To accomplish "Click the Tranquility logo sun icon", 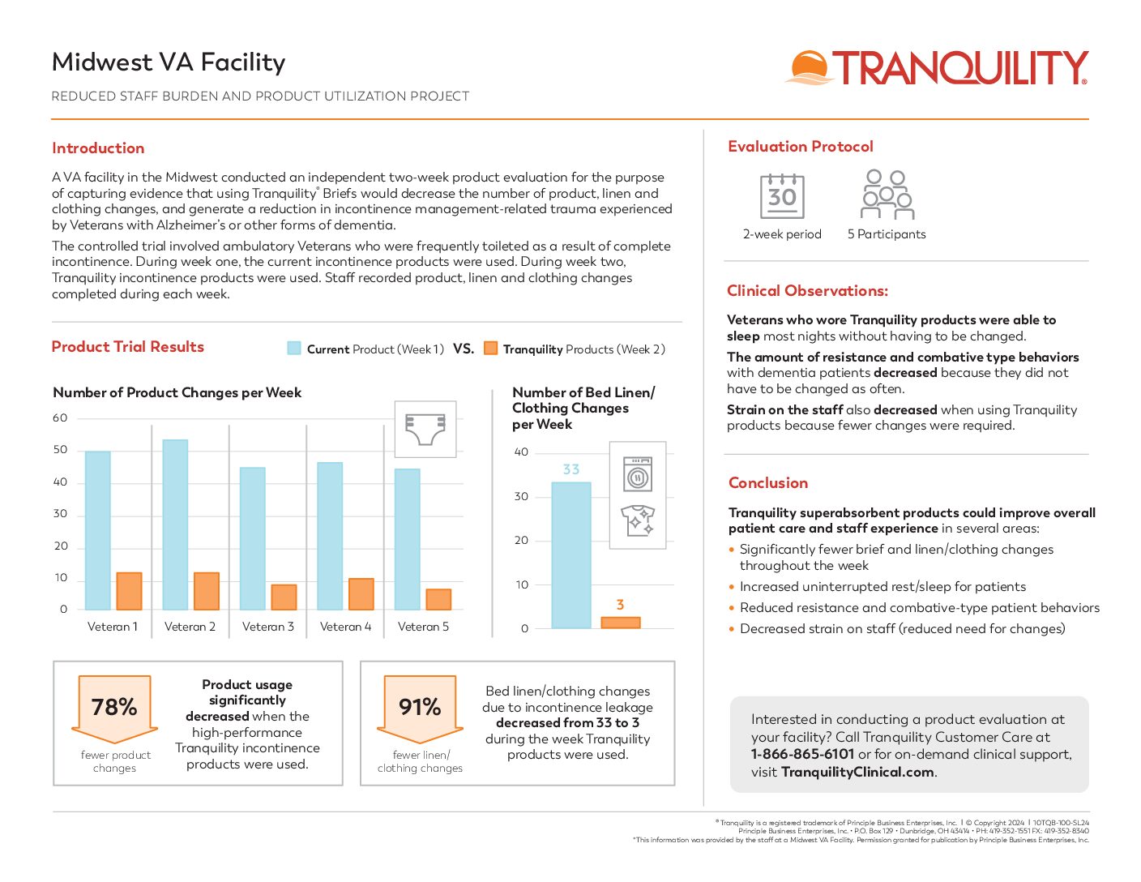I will (x=809, y=67).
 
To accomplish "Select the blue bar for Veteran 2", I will (x=175, y=524).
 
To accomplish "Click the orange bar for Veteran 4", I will (x=361, y=593).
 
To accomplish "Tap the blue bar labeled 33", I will (x=571, y=554).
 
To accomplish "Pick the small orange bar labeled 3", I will (x=621, y=623).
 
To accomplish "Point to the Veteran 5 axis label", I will (x=423, y=627).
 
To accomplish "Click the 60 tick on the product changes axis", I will (x=60, y=418).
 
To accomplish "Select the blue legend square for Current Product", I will (x=294, y=349).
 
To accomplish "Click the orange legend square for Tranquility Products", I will (x=490, y=349).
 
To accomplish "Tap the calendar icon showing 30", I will (x=782, y=196).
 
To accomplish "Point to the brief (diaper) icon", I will (x=425, y=429).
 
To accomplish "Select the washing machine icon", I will (x=638, y=475).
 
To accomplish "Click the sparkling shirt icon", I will (x=638, y=520).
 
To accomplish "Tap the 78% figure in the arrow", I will (x=114, y=707).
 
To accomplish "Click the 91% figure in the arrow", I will (x=420, y=707).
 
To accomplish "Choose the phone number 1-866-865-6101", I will (x=802, y=754).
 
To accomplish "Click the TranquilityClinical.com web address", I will (x=857, y=772).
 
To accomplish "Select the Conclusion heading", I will (x=768, y=483).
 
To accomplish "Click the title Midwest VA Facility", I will (x=169, y=62).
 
